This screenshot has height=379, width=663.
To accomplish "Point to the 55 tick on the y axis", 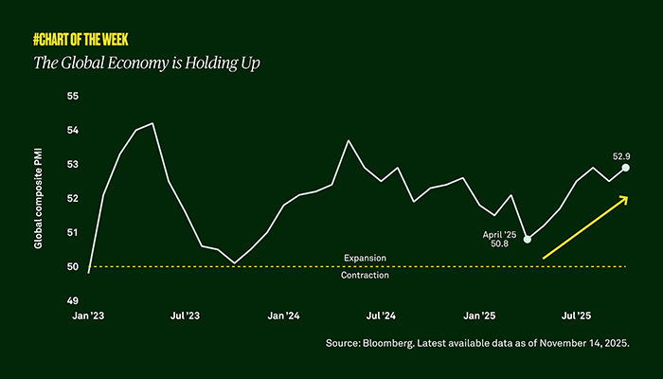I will click(72, 97).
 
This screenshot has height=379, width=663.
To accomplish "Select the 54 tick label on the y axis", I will click(72, 131).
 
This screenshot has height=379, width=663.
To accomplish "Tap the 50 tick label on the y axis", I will click(72, 266).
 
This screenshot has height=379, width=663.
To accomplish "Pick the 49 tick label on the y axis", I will click(72, 300).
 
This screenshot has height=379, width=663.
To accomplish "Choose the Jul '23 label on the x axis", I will click(185, 314).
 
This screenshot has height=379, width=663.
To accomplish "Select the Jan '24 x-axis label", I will click(283, 314).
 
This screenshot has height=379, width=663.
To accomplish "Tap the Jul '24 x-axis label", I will click(381, 314).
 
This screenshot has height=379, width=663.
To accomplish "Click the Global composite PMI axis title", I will click(39, 198).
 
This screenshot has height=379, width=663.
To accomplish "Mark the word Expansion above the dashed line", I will click(365, 258).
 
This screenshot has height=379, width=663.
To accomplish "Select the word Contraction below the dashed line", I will click(365, 276).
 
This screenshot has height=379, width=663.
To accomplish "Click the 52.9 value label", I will click(622, 155).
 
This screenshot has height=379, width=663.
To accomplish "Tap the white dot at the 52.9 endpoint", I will click(625, 168).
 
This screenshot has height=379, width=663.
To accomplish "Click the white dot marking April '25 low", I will click(528, 239).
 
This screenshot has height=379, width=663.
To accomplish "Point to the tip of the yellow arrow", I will click(629, 197).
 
